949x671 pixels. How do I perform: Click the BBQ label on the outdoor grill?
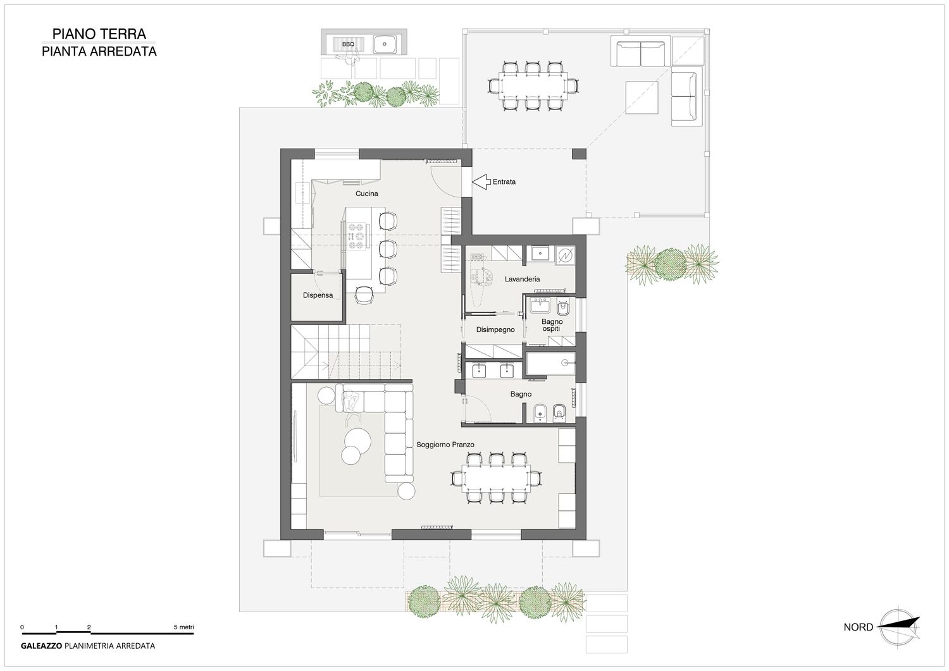348,44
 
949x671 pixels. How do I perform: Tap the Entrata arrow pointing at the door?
481,182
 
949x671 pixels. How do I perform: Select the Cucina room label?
366,194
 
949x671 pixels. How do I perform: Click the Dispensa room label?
318,295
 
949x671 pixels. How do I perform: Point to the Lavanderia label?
522,279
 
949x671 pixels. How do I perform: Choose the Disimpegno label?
495,329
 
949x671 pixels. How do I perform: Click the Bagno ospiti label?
552,325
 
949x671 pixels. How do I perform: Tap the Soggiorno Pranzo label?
445,445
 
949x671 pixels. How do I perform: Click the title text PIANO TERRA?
99,34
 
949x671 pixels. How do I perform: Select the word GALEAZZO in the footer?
42,646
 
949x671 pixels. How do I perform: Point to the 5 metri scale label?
183,627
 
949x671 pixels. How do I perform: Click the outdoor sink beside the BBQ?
385,44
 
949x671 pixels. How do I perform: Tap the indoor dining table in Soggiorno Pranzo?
495,478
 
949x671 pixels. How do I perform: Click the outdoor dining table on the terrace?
533,87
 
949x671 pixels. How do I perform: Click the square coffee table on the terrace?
642,97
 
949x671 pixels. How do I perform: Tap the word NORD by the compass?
859,627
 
